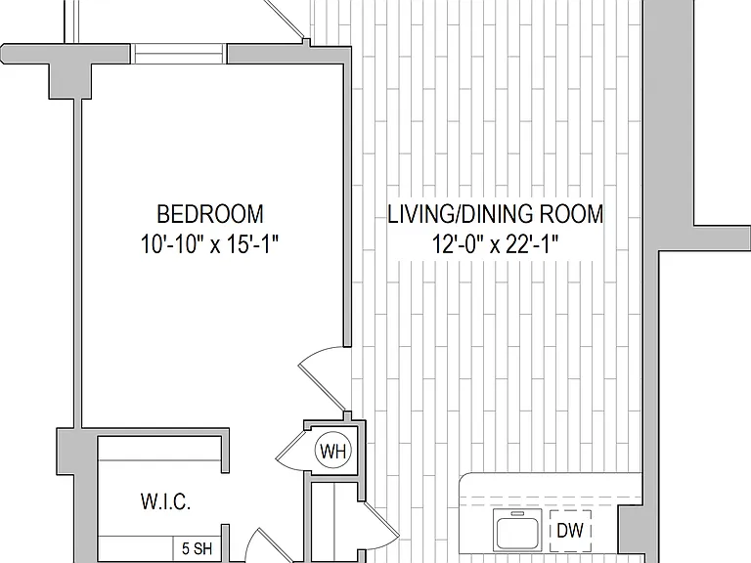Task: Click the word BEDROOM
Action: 210,214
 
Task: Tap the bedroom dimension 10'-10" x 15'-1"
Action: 210,244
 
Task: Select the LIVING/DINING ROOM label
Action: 495,214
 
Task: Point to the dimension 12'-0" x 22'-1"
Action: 495,244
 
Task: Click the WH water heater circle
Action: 332,451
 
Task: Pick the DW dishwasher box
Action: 570,531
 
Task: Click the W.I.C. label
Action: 165,501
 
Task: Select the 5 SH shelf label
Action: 197,548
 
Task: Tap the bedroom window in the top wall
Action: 178,54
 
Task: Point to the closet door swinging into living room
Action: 381,521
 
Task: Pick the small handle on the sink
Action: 517,514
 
